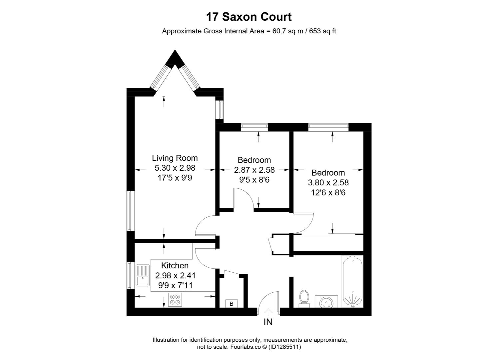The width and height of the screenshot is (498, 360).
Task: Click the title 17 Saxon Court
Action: pyautogui.click(x=249, y=17)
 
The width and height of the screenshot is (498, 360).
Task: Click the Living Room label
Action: pyautogui.click(x=175, y=158)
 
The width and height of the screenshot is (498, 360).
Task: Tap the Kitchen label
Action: pyautogui.click(x=175, y=266)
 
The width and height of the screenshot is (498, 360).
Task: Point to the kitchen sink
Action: pyautogui.click(x=143, y=275)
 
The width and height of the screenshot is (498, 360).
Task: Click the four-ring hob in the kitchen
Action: pyautogui.click(x=175, y=299)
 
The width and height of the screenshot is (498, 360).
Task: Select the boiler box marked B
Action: pyautogui.click(x=232, y=304)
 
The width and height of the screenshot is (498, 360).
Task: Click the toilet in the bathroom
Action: pyautogui.click(x=304, y=298)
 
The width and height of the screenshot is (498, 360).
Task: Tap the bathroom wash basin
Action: pyautogui.click(x=326, y=302)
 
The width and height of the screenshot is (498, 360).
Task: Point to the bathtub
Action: pyautogui.click(x=352, y=281)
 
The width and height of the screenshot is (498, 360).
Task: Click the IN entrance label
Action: pyautogui.click(x=268, y=322)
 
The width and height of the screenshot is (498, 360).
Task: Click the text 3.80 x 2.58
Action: pyautogui.click(x=328, y=183)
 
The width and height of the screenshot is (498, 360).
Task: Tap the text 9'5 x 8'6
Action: pyautogui.click(x=254, y=180)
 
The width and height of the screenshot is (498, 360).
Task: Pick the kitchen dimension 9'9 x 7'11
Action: pyautogui.click(x=175, y=286)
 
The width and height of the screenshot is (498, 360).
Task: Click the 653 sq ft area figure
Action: pyautogui.click(x=323, y=31)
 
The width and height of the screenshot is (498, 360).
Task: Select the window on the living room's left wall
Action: pyautogui.click(x=130, y=211)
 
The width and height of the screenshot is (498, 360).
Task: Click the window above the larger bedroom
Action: pyautogui.click(x=328, y=126)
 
